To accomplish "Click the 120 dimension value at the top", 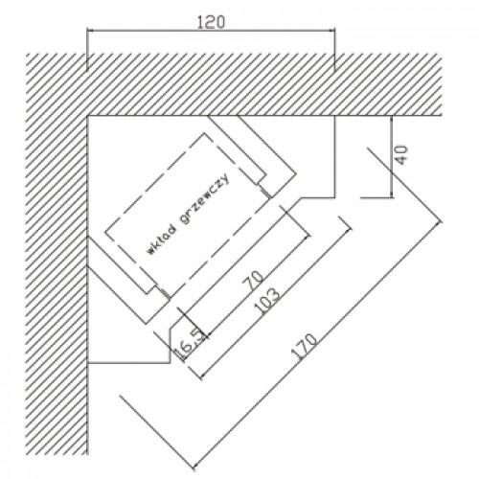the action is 211,22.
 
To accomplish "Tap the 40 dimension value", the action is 402,155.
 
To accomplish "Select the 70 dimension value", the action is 253,280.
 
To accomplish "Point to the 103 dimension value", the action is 266,302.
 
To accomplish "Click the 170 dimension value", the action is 305,347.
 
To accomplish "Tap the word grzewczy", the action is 205,198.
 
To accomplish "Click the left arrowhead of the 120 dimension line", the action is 90,31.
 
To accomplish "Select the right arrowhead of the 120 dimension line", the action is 331,31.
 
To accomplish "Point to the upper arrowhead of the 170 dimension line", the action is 438,224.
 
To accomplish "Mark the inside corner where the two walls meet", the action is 87,116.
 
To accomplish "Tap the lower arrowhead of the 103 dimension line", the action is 204,374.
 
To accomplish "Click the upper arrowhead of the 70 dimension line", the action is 306,238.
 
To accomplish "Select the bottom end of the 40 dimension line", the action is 392,197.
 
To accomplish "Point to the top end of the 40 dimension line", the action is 392,116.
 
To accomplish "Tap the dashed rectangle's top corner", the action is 204,133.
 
